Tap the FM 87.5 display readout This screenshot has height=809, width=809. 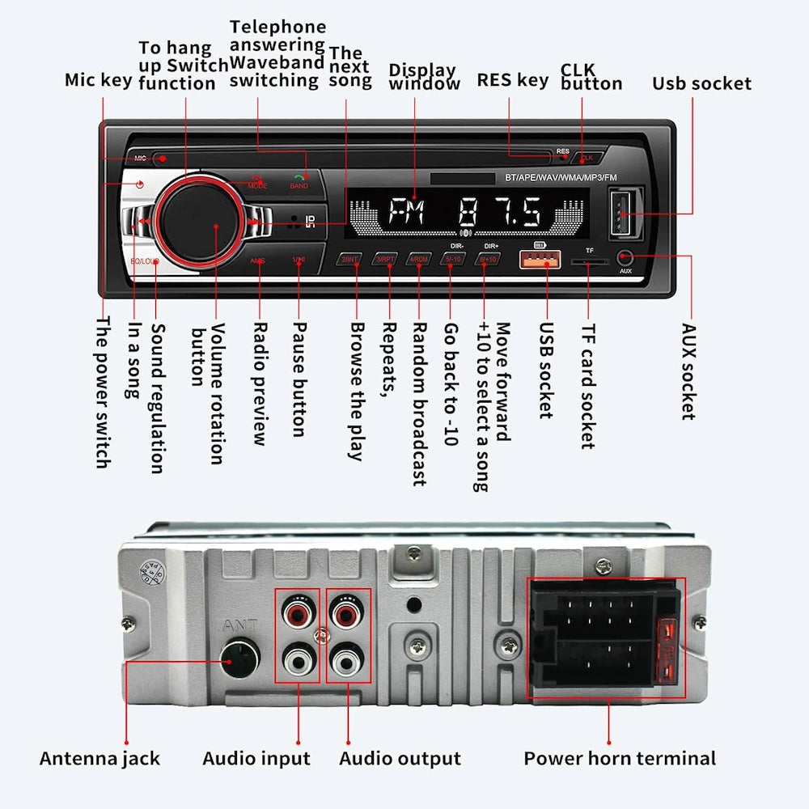tap(465, 214)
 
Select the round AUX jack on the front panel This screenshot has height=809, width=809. tap(625, 257)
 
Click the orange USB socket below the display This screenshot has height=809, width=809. tap(546, 259)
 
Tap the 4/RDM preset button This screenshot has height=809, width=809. tap(419, 260)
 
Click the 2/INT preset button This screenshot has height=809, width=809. tap(350, 260)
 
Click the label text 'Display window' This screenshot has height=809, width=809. tap(423, 77)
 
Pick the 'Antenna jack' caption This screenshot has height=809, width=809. tap(100, 759)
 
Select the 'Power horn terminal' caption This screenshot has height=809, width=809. tap(620, 759)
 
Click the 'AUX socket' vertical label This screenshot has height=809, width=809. tap(688, 371)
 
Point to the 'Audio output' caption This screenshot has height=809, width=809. tap(400, 759)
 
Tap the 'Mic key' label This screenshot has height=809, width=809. tap(98, 80)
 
